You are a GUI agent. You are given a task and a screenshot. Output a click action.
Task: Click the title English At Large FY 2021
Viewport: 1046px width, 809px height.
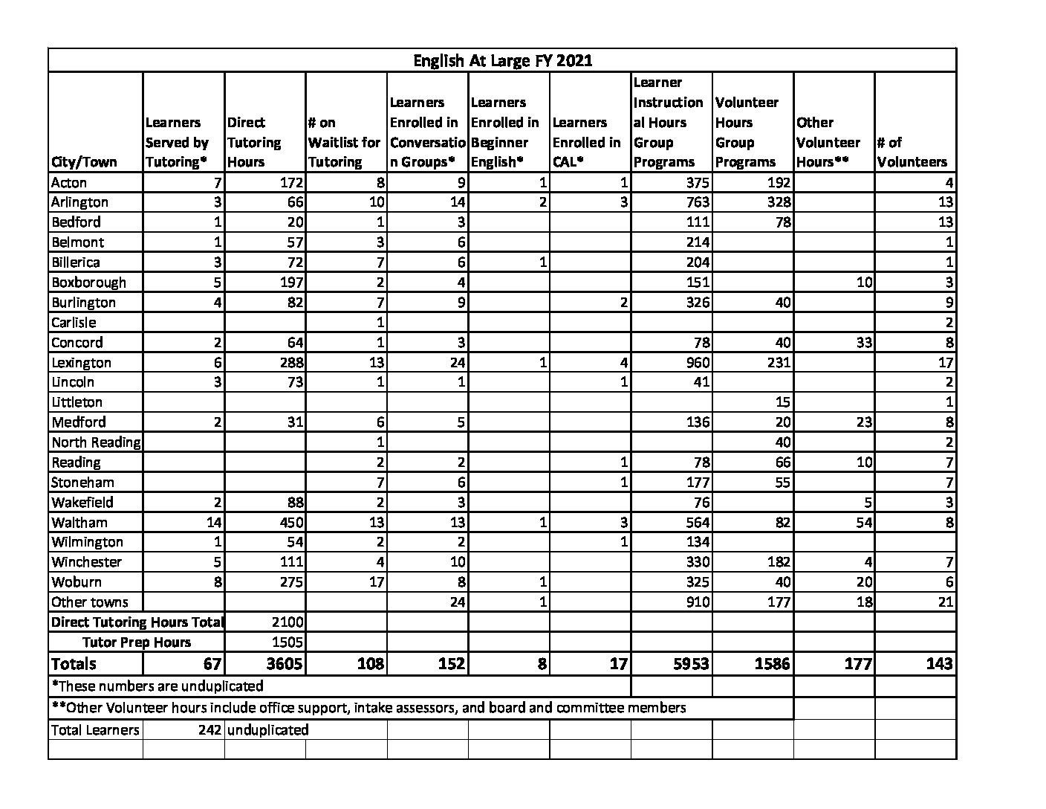(x=502, y=60)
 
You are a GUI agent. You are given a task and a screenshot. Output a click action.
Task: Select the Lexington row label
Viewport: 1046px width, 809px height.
(x=81, y=363)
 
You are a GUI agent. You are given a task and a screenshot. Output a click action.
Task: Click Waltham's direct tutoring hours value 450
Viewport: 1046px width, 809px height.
(x=288, y=523)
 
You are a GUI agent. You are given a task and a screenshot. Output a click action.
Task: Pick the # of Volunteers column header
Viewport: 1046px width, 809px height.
(x=912, y=152)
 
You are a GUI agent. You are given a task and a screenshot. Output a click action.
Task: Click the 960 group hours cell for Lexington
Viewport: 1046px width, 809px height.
(x=695, y=363)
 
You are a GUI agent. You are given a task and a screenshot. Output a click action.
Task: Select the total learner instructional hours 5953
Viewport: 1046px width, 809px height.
(x=690, y=664)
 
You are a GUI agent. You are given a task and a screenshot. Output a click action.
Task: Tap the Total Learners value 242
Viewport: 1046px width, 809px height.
(x=209, y=730)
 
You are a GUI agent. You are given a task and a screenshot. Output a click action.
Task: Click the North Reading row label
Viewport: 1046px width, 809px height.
(x=95, y=442)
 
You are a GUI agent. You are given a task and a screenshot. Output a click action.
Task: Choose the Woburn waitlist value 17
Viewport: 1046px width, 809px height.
(x=376, y=582)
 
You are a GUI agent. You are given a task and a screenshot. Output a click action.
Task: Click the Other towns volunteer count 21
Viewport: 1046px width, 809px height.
(x=944, y=602)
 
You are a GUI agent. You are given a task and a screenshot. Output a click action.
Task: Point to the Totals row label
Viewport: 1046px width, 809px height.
(x=74, y=664)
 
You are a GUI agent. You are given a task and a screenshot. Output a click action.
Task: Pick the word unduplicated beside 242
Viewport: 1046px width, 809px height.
(x=267, y=730)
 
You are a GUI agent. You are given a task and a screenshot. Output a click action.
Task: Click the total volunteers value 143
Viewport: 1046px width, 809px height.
(x=938, y=664)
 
